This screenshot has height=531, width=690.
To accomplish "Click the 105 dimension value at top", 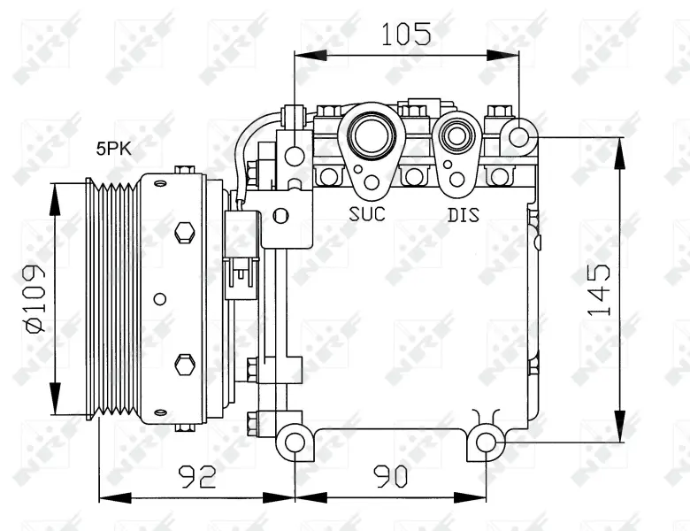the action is click(x=406, y=34).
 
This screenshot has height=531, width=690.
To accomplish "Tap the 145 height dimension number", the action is click(x=600, y=289).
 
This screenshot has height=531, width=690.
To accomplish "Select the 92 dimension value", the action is click(x=197, y=476).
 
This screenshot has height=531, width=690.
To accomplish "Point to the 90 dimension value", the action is click(x=391, y=476).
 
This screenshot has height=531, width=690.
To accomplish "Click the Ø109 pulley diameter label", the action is click(x=35, y=298).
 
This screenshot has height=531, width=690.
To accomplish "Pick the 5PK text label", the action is click(x=114, y=149).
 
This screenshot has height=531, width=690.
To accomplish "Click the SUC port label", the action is click(x=367, y=214).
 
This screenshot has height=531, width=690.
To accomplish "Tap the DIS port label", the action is click(x=464, y=215).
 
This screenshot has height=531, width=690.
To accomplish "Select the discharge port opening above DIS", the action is click(x=456, y=136).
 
